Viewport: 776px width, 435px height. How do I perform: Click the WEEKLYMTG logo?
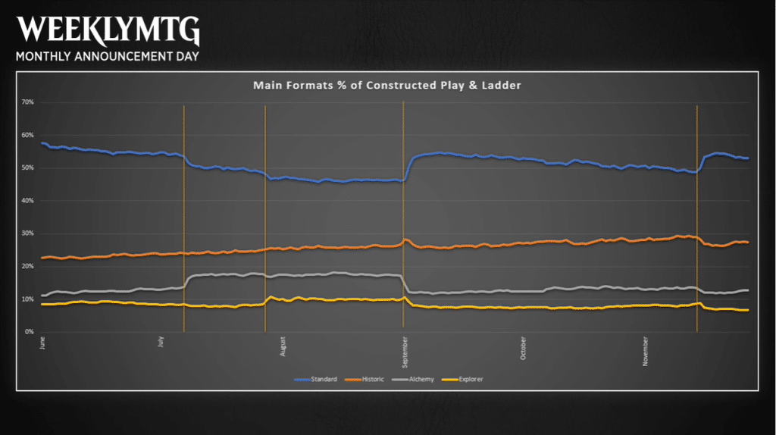pyautogui.click(x=108, y=30)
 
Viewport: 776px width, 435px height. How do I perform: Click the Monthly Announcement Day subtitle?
pyautogui.click(x=108, y=57)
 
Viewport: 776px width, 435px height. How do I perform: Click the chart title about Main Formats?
pyautogui.click(x=386, y=86)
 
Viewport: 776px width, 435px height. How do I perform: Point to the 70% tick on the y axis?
pyautogui.click(x=28, y=102)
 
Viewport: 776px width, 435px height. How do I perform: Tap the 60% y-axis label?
pyautogui.click(x=28, y=135)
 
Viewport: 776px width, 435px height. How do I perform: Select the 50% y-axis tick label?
pyautogui.click(x=28, y=167)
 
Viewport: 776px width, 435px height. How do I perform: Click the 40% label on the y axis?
pyautogui.click(x=28, y=201)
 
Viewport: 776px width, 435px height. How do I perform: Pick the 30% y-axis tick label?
pyautogui.click(x=28, y=233)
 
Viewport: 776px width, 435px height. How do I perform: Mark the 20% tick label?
pyautogui.click(x=28, y=266)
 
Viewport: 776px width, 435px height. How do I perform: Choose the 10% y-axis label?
pyautogui.click(x=28, y=299)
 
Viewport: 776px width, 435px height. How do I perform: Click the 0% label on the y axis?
pyautogui.click(x=30, y=332)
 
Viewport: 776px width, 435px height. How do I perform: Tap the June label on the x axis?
pyautogui.click(x=42, y=343)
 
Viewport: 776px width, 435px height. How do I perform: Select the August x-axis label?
pyautogui.click(x=283, y=346)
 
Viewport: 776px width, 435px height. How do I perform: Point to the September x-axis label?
pyautogui.click(x=404, y=348)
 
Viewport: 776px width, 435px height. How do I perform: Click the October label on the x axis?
pyautogui.click(x=524, y=346)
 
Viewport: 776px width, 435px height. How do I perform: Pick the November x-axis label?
pyautogui.click(x=645, y=347)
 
